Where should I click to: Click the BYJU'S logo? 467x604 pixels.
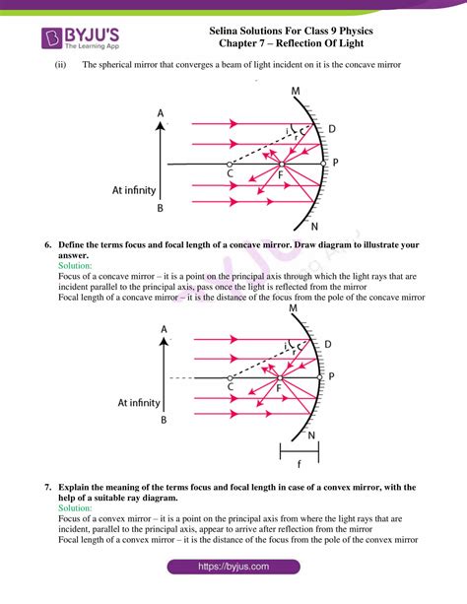pos(84,38)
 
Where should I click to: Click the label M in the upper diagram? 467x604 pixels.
pos(296,93)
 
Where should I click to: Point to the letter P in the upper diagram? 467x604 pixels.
pos(336,161)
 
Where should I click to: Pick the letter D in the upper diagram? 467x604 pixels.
pos(331,129)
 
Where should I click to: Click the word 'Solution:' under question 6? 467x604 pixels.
pos(76,266)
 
